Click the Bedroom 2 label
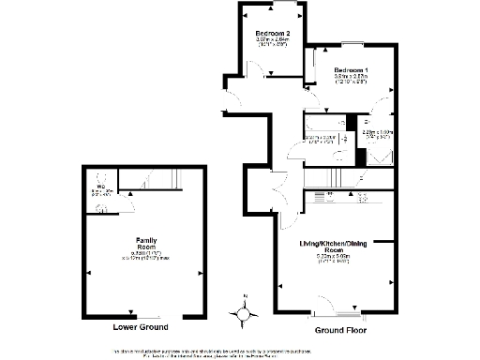click(274, 34)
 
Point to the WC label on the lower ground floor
click(98, 186)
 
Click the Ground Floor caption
click(340, 330)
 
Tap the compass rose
click(246, 315)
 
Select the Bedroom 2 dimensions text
click(274, 42)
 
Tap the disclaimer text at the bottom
click(240, 352)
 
